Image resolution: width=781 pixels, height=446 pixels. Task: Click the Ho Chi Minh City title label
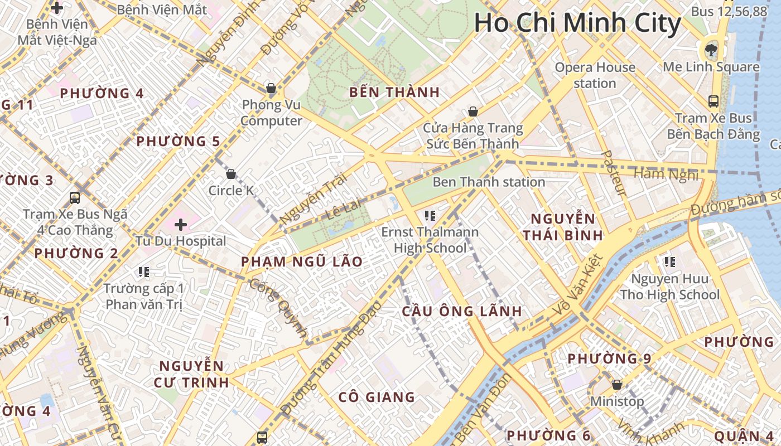click(577, 23)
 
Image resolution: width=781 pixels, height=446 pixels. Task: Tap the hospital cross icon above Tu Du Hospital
click(180, 225)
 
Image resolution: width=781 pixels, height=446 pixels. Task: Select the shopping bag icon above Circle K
click(231, 174)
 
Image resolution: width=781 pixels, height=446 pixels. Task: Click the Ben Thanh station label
click(489, 182)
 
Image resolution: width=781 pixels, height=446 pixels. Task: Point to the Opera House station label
click(595, 75)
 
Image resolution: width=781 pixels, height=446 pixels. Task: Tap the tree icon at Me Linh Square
click(711, 50)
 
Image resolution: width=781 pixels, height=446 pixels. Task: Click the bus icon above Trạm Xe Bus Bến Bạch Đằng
click(713, 101)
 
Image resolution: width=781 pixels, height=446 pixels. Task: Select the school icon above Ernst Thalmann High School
click(430, 215)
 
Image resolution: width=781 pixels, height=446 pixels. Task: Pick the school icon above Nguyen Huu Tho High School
click(670, 261)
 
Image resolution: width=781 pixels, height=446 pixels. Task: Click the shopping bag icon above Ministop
click(617, 385)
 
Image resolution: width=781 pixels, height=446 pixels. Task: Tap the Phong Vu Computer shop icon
click(271, 88)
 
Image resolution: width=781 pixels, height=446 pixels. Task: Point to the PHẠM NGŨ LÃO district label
click(302, 261)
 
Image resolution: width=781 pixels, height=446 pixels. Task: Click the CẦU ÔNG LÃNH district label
click(462, 311)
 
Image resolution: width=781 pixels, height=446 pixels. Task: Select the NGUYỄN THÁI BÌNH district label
click(563, 226)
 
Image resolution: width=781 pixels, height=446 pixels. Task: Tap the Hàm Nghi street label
click(666, 174)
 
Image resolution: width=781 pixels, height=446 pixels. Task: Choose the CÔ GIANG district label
click(377, 397)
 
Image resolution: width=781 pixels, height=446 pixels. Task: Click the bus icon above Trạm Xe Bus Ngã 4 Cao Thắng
click(75, 197)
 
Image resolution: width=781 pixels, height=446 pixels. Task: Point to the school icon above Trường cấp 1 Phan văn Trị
click(144, 272)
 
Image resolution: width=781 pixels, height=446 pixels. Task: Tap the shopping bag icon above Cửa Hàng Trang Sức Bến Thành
click(473, 111)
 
